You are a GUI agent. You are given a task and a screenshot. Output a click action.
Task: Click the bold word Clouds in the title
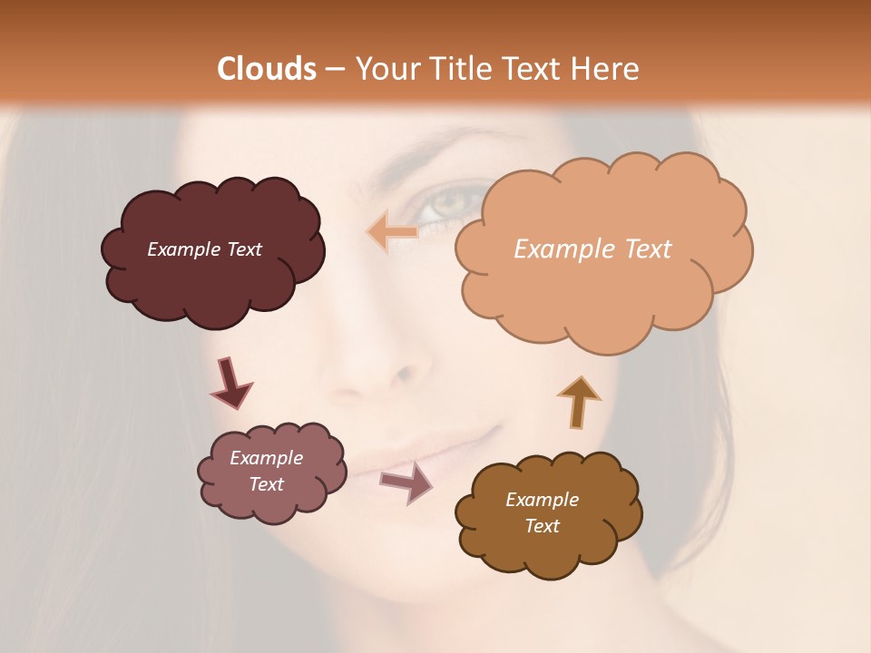tap(267, 69)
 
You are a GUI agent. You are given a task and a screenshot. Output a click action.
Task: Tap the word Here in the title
tap(608, 69)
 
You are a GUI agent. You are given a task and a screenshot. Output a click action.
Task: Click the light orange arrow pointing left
tap(392, 232)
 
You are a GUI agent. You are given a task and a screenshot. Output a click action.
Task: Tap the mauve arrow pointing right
tap(406, 482)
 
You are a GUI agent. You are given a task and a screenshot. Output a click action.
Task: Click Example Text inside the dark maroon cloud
tap(204, 249)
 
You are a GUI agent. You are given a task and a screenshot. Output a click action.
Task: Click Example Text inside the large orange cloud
tap(592, 249)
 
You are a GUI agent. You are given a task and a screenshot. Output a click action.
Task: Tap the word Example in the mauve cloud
tap(266, 458)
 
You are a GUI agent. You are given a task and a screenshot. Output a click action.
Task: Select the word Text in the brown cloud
tap(542, 526)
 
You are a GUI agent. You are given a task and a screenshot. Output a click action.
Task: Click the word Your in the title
tap(382, 69)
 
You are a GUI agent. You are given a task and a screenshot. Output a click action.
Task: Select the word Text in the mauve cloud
tap(266, 484)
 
